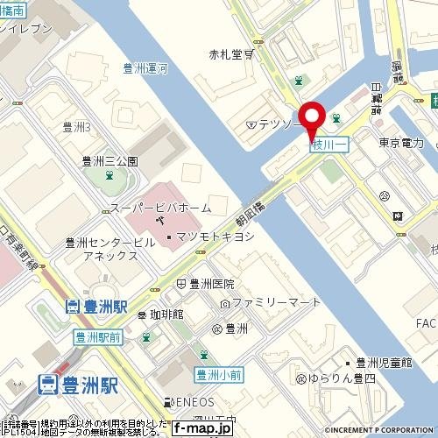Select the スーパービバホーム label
(x=160, y=208)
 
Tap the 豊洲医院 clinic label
(x=212, y=284)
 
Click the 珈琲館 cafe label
(x=165, y=314)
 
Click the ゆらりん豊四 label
(x=341, y=379)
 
